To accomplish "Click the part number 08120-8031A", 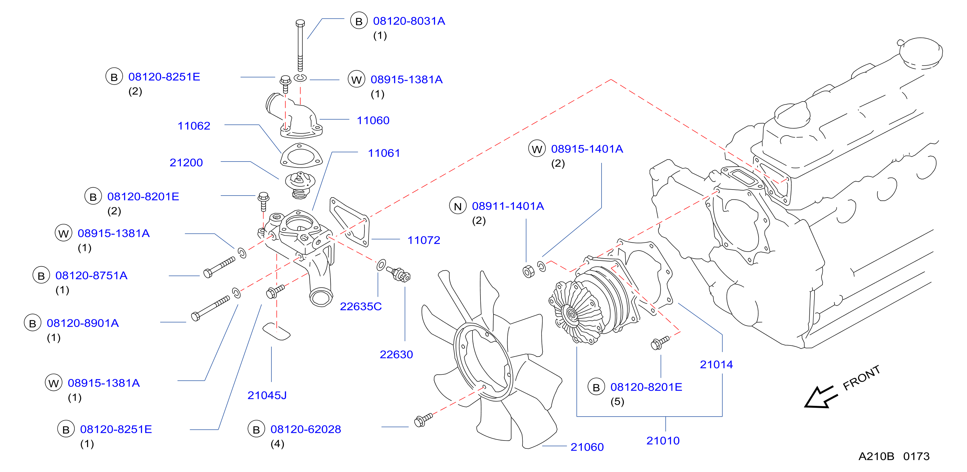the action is coord(409,21).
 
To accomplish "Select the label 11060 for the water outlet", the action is coord(373,120).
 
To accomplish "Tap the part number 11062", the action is coord(194,126).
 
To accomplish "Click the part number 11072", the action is coord(424,240).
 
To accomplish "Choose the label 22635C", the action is coord(361,306).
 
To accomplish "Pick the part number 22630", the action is coord(396,354).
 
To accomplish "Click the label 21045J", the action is coord(267,395).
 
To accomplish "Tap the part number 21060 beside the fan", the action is coord(587,447).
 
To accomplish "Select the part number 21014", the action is coord(716,364).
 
